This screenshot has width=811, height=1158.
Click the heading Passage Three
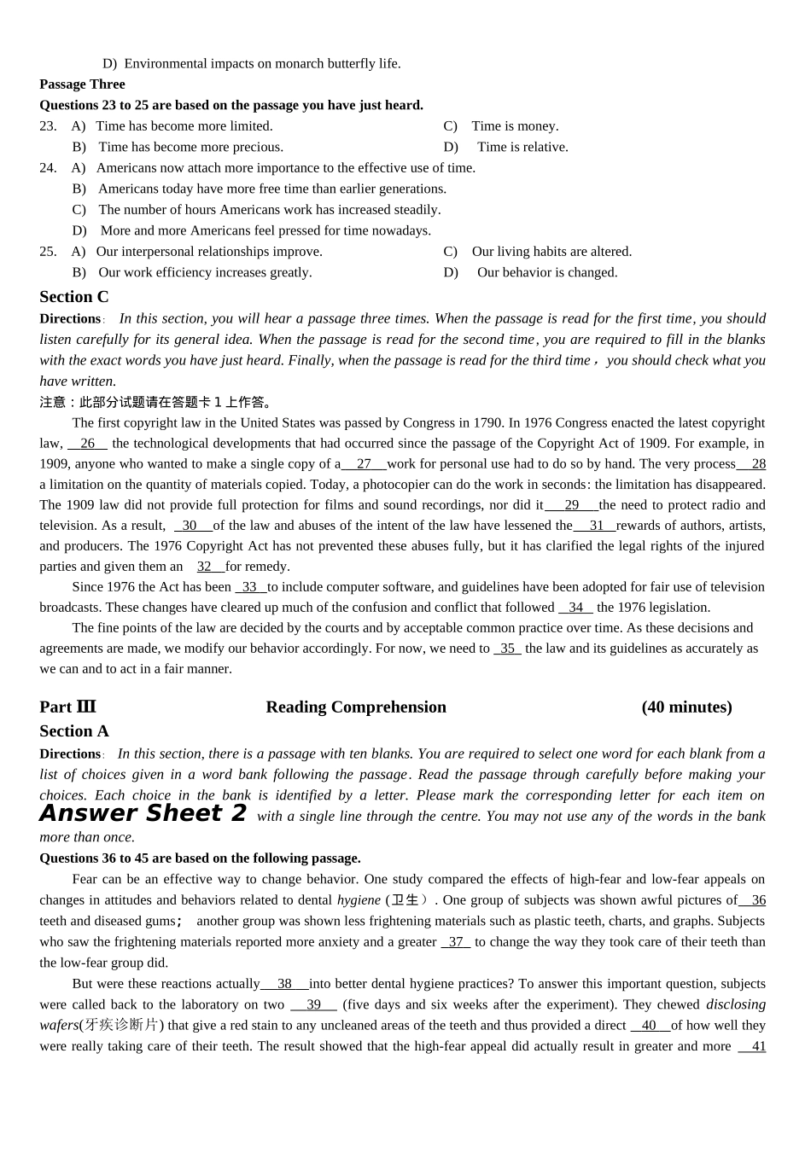(x=82, y=84)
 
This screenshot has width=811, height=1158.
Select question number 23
(x=48, y=126)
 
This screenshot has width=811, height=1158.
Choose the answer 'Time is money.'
(x=515, y=126)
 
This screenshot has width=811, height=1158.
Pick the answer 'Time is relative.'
(x=522, y=147)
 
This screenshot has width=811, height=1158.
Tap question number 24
(x=48, y=168)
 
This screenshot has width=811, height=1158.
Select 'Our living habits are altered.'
(x=551, y=252)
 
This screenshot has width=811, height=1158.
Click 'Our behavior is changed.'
(x=547, y=272)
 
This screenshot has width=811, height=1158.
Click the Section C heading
(x=74, y=296)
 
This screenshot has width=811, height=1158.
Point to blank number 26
(x=87, y=444)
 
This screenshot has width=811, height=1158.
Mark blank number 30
(x=190, y=526)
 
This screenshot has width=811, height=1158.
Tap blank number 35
(x=507, y=649)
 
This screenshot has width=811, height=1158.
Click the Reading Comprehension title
(x=356, y=707)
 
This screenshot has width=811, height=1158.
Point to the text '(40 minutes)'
(x=686, y=707)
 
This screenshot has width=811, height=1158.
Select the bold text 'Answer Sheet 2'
(x=143, y=813)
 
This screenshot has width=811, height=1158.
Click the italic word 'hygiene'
(x=359, y=900)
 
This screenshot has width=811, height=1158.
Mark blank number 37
(x=456, y=942)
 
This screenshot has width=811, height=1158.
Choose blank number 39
(x=313, y=1005)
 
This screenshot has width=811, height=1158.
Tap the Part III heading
(x=67, y=707)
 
